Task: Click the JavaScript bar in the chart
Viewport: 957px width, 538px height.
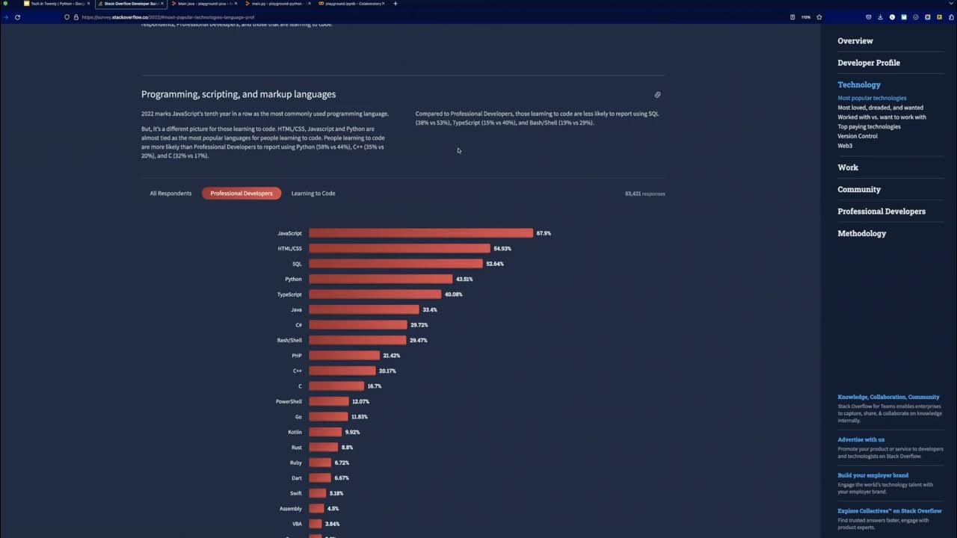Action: [421, 233]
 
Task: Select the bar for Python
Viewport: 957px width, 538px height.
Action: [381, 279]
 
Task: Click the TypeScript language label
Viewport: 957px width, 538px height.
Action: [289, 294]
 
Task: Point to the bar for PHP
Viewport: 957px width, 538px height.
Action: [344, 356]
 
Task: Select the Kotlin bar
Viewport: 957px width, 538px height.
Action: [325, 432]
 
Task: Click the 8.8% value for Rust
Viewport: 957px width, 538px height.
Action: [347, 448]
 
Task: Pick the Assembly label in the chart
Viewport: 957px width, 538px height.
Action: [291, 509]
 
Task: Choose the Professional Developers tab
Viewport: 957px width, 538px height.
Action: [241, 194]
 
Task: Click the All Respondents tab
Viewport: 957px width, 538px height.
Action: [170, 194]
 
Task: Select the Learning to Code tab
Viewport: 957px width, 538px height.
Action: [313, 194]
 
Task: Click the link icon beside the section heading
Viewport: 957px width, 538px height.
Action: [657, 95]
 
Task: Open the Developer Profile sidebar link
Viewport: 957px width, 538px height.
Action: [868, 63]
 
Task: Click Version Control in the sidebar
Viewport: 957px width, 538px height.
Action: [858, 136]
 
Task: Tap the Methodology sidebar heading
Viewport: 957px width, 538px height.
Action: [861, 233]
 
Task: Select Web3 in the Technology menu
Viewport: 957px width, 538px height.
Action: [845, 146]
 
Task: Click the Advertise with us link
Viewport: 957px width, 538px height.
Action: [861, 439]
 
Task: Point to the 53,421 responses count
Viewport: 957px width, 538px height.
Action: [644, 194]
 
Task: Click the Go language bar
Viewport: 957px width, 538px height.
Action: [328, 417]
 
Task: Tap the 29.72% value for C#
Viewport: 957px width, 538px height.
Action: [419, 325]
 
